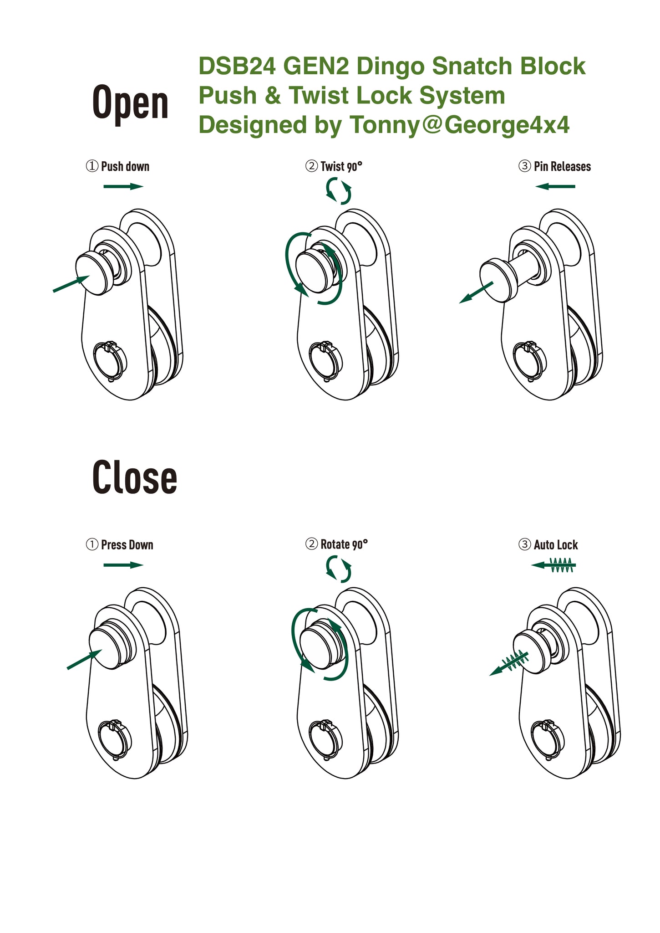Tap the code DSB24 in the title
(x=237, y=66)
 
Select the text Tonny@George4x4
(x=459, y=125)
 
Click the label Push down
(x=125, y=166)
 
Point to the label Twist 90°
(x=341, y=166)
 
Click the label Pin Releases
(x=562, y=166)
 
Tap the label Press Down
(x=127, y=544)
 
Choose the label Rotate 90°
(x=344, y=544)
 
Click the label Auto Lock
(x=556, y=544)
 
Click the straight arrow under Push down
(x=123, y=186)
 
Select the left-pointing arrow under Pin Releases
(x=555, y=186)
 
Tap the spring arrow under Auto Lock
(x=553, y=565)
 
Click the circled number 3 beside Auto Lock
(x=525, y=544)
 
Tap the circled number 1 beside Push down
(x=92, y=166)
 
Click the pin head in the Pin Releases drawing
(x=498, y=280)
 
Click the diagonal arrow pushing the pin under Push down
(x=71, y=283)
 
